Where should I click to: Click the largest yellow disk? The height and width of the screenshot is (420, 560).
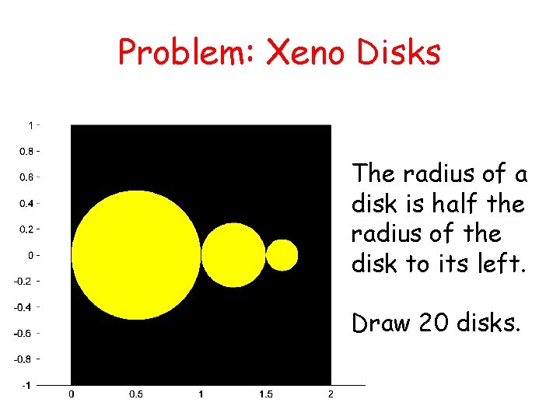(x=136, y=255)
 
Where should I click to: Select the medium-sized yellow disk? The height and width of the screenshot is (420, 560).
(x=233, y=255)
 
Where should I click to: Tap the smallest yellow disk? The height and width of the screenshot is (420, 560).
(x=282, y=255)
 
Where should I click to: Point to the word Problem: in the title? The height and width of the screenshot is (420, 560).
(x=186, y=53)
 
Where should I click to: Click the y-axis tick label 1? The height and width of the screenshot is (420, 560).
(x=30, y=125)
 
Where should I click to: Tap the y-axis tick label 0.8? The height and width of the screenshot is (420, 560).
(x=26, y=151)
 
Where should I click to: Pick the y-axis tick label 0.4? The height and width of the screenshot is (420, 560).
(x=26, y=203)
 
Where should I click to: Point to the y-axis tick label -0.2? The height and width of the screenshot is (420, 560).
(x=25, y=281)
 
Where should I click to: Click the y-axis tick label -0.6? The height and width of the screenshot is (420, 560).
(x=25, y=333)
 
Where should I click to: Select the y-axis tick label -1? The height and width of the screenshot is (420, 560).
(x=28, y=385)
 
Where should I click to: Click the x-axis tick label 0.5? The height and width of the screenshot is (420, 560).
(x=136, y=394)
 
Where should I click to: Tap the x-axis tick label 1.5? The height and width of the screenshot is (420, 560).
(x=266, y=394)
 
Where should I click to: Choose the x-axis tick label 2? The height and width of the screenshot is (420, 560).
(x=331, y=394)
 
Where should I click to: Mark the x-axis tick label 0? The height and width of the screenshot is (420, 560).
(x=72, y=394)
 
